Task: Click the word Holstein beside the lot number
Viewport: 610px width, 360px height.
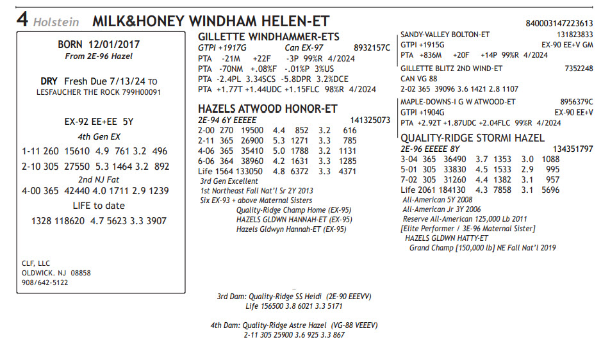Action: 56,22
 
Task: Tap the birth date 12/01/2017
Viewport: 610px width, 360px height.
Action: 116,45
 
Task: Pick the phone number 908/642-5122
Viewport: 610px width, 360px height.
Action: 45,282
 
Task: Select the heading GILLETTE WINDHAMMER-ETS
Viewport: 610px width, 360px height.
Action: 268,37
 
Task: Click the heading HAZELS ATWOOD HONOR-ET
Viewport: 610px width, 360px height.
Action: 267,109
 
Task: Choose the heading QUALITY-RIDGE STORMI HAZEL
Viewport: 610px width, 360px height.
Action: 472,138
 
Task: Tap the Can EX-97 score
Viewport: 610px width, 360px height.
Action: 303,47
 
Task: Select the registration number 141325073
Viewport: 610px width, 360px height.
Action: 370,120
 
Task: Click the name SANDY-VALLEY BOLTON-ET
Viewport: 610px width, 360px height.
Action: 445,35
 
